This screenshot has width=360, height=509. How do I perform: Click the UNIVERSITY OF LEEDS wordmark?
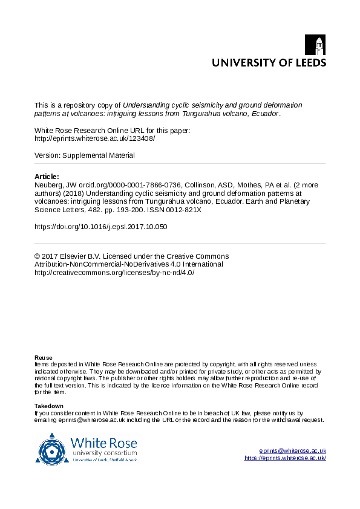(268, 62)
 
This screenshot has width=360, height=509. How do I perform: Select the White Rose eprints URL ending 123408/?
(95, 138)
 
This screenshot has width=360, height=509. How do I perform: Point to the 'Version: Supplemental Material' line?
(85, 155)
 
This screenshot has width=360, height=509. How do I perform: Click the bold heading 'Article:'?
(47, 177)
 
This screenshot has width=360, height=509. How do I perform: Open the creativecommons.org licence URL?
(114, 272)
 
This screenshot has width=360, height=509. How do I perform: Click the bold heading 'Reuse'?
(44, 358)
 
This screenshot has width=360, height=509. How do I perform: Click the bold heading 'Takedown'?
(49, 406)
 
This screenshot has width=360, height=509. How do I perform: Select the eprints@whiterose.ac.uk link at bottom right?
(292, 451)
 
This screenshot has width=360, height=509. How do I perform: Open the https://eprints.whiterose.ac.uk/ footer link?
(286, 458)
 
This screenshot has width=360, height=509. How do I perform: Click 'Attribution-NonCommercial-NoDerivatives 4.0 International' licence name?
(129, 264)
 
